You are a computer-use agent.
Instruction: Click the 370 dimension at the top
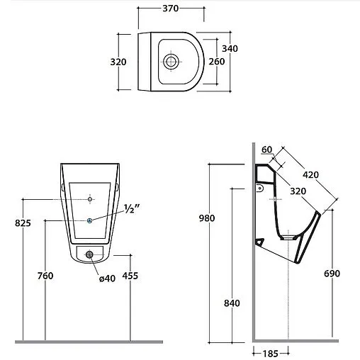(x=171, y=9)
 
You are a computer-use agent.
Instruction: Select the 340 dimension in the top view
(x=230, y=49)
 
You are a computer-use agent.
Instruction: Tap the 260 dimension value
(x=217, y=62)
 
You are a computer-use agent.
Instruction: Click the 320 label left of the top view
(x=118, y=62)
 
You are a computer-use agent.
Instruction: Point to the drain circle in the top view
(x=171, y=62)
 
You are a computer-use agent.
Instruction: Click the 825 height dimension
(x=23, y=223)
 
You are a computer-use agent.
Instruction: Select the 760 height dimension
(x=45, y=276)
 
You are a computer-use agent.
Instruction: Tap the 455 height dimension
(x=130, y=276)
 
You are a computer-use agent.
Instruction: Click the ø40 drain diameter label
(x=107, y=279)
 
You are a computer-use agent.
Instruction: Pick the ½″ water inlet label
(x=132, y=209)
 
